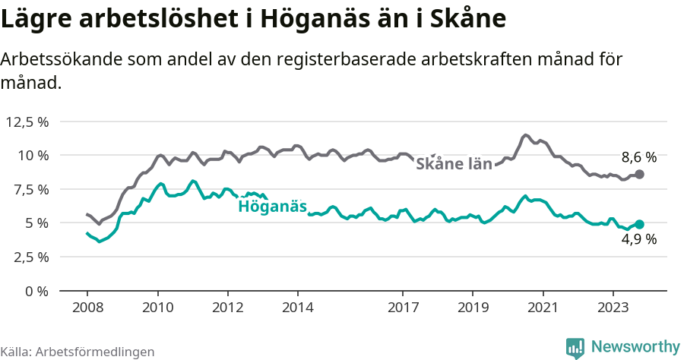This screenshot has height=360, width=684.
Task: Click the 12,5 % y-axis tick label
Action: [27, 122]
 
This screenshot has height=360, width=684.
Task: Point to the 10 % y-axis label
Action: [33, 156]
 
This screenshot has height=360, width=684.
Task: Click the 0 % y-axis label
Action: [36, 291]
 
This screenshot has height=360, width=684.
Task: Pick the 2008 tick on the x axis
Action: [87, 308]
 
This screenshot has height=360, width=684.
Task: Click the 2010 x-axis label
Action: [157, 308]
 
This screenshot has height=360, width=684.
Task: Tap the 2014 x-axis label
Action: [297, 308]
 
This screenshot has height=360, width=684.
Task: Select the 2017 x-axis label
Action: [403, 308]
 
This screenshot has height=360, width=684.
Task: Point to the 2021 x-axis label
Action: [543, 308]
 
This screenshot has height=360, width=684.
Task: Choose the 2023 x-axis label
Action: [613, 308]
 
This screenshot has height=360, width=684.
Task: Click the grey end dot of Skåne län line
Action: [639, 175]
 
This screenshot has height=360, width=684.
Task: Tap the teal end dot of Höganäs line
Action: [639, 224]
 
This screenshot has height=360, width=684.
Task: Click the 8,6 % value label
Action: [638, 158]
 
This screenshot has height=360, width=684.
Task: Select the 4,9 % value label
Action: [639, 241]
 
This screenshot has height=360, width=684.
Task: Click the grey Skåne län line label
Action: [454, 164]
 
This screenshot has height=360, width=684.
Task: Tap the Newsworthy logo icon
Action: [575, 347]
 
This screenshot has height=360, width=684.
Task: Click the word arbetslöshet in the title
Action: [144, 19]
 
